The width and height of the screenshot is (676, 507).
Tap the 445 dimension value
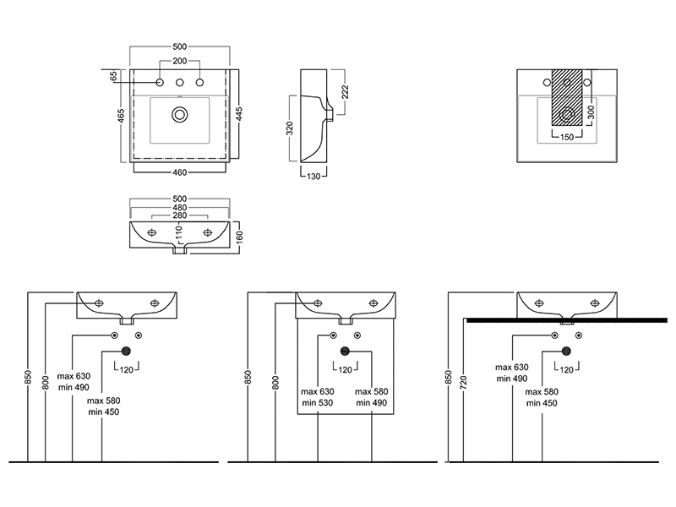(x=240, y=113)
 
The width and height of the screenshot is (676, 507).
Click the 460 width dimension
(x=180, y=172)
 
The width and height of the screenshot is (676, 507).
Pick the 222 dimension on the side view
(x=345, y=91)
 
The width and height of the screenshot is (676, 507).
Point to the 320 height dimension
(x=290, y=128)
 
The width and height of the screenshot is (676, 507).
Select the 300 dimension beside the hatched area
(x=591, y=111)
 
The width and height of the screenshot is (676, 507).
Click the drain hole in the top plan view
(x=180, y=113)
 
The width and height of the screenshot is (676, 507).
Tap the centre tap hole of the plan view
(x=180, y=82)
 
